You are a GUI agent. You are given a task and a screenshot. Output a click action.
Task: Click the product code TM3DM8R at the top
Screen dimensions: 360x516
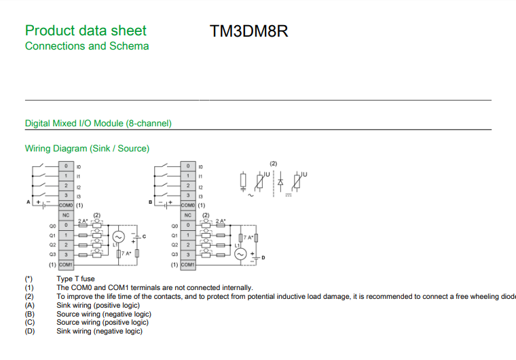pos(249,32)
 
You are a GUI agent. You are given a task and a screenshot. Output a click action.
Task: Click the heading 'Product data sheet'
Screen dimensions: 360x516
pos(86,31)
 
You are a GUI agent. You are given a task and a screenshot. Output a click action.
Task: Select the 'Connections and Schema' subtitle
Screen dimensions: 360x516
pos(87,46)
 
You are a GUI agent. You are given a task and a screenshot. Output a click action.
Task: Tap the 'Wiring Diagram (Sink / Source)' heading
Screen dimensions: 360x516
pos(87,148)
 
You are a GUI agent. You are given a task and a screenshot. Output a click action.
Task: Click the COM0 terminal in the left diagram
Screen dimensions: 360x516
pos(66,204)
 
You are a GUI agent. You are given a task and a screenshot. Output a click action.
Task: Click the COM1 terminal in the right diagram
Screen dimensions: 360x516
pos(188,264)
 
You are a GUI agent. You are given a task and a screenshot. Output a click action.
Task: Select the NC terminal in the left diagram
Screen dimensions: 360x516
pos(66,215)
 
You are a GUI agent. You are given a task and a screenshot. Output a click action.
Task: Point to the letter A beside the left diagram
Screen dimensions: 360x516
pos(29,202)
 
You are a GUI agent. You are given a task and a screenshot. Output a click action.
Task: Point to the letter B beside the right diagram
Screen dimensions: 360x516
pos(150,202)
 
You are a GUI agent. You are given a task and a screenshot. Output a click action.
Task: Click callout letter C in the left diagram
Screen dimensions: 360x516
pos(144,236)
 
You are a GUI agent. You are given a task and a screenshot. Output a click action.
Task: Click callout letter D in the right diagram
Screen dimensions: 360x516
pos(263,258)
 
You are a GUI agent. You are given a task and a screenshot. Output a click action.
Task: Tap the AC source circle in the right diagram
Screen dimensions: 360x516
pos(239,254)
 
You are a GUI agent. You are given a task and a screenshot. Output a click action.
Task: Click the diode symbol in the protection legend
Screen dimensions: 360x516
pos(280,181)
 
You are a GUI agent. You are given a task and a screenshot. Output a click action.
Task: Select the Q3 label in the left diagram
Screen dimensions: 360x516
pos(52,254)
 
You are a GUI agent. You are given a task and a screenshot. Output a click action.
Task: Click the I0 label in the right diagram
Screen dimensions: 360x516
pos(200,166)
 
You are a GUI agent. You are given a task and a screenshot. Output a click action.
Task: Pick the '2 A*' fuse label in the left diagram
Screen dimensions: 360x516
pos(83,221)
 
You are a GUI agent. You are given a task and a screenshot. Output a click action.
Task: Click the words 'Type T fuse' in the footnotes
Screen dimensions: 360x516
pos(75,278)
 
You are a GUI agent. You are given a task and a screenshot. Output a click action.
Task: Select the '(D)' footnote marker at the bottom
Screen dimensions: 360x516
pos(30,331)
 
